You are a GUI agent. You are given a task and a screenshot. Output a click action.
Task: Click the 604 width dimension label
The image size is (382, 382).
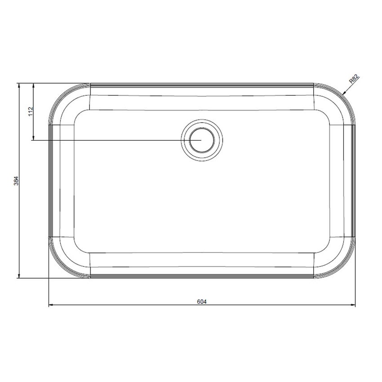coord(201,301)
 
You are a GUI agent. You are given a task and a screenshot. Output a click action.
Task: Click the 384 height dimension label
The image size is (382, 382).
coord(16,181)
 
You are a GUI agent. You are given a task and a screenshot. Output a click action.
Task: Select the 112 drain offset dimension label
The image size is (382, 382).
coord(30,111)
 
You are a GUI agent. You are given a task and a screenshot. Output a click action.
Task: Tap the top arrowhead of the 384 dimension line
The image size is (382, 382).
coord(19,85)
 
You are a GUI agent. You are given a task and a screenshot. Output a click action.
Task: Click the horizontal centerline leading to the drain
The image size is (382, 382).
coord(112,140)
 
